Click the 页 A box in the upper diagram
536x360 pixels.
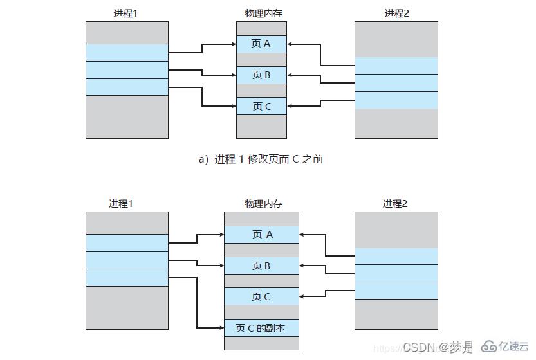point(261,44)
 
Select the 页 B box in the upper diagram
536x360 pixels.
point(261,75)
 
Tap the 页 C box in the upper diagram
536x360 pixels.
point(261,106)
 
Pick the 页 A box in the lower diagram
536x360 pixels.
point(261,235)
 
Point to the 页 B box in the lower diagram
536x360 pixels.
point(261,265)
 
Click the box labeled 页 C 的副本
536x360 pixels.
point(261,328)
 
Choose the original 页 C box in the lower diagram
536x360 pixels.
point(261,296)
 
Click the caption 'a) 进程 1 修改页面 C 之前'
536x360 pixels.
point(261,159)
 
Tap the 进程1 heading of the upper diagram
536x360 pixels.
point(126,13)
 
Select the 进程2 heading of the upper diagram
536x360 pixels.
point(396,13)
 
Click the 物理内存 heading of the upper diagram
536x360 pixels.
point(261,13)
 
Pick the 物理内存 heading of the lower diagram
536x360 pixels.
point(261,204)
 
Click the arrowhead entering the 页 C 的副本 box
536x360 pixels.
point(221,328)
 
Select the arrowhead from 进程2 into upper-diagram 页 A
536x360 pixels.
point(290,44)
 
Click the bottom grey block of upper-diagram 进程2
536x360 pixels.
point(396,123)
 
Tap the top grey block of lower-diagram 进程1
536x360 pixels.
point(127,222)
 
